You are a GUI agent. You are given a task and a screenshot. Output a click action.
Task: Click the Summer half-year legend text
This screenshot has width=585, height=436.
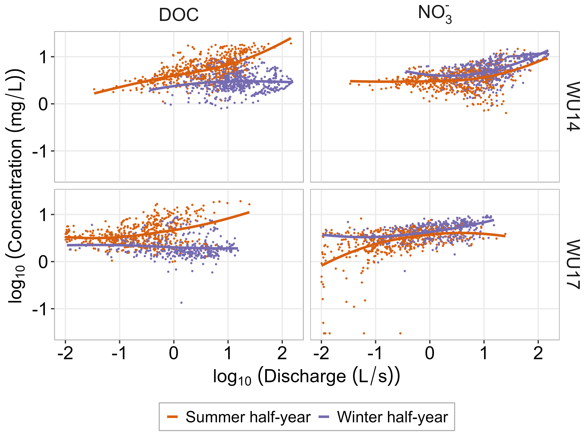(x=248, y=417)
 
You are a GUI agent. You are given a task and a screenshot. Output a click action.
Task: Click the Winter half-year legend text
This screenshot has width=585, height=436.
(x=392, y=417)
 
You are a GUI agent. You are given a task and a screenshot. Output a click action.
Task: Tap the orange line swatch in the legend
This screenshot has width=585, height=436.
(x=172, y=417)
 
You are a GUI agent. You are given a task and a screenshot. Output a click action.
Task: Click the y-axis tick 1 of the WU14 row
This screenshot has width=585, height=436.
(x=43, y=57)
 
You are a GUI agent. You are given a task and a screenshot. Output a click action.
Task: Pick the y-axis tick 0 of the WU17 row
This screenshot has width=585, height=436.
(x=43, y=262)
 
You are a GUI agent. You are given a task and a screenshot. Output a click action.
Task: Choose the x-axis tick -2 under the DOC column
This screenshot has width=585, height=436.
(x=65, y=353)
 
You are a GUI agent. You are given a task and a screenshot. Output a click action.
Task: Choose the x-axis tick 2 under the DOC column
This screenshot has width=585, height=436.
(x=282, y=353)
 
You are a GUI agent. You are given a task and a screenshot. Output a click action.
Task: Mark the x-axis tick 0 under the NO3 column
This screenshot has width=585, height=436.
(x=430, y=353)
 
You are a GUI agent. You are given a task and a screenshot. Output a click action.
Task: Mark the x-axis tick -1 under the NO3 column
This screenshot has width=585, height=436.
(x=375, y=353)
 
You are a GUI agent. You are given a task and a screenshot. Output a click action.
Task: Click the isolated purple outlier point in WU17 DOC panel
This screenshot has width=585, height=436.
(x=181, y=302)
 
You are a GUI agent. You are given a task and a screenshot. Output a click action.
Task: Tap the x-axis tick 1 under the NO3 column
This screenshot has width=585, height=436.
(x=484, y=353)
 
